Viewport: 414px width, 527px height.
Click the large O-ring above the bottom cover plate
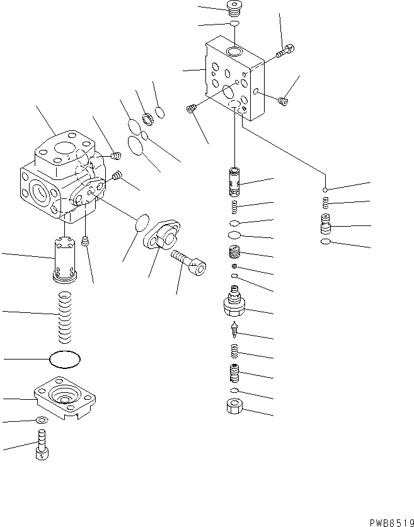coord(65,360)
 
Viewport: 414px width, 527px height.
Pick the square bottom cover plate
coord(65,397)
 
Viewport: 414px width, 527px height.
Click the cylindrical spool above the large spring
coord(63,258)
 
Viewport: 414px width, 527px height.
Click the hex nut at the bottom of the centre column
coord(234,408)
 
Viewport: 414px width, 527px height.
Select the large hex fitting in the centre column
coord(235,305)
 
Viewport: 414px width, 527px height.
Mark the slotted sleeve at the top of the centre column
coord(234,181)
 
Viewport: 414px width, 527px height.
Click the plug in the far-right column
coord(326,224)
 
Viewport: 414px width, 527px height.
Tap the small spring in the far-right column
coord(326,202)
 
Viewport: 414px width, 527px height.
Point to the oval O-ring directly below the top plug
coord(234,24)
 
